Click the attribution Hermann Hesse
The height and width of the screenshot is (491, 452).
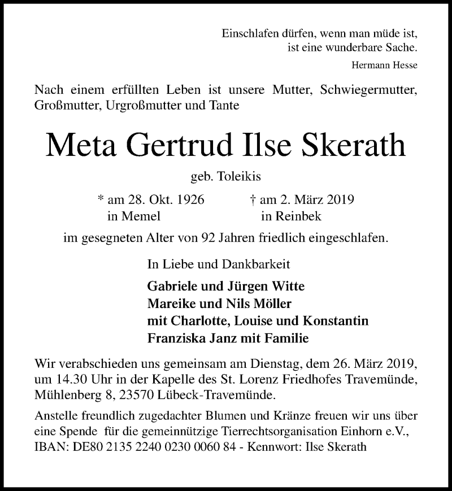pyautogui.click(x=384, y=65)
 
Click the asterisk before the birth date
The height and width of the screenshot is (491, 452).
pyautogui.click(x=101, y=201)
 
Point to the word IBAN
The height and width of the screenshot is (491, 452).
pyautogui.click(x=50, y=446)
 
